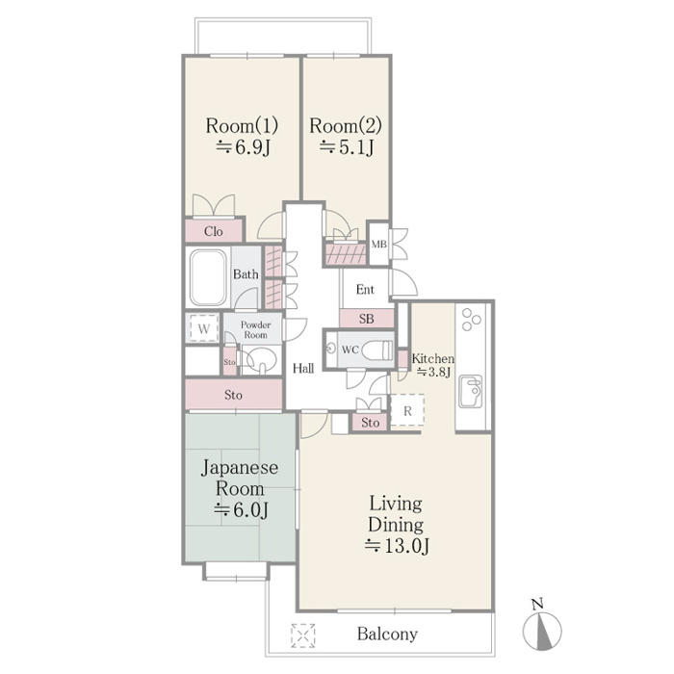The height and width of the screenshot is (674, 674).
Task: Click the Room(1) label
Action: coord(242,125)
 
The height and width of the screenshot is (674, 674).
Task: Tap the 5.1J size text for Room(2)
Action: coord(347,147)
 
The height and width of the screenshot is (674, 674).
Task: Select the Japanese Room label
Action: coord(240,478)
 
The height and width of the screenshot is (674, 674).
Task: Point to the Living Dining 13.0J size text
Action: coord(397,546)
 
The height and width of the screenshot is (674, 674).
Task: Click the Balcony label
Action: coord(387,634)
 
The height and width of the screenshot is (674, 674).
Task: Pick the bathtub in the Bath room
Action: coord(208,277)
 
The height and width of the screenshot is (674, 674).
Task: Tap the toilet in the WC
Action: coord(377,350)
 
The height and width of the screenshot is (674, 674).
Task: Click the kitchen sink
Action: coord(470,391)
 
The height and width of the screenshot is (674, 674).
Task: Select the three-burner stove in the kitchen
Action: coord(471,320)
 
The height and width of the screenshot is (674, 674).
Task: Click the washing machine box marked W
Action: coord(204,328)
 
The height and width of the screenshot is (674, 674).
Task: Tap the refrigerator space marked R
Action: coord(407,410)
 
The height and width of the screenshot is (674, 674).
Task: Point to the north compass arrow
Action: coord(542,630)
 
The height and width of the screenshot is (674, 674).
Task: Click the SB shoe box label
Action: coord(366,319)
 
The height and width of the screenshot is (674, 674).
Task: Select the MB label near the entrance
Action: coord(379,245)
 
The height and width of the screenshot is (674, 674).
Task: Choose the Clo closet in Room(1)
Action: coord(214,231)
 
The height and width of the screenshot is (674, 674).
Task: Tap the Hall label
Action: coord(303,368)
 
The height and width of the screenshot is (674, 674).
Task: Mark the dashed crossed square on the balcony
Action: coord(302,635)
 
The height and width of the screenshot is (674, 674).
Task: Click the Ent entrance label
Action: coord(365,289)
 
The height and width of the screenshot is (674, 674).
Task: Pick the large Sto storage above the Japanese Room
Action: coord(234,394)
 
